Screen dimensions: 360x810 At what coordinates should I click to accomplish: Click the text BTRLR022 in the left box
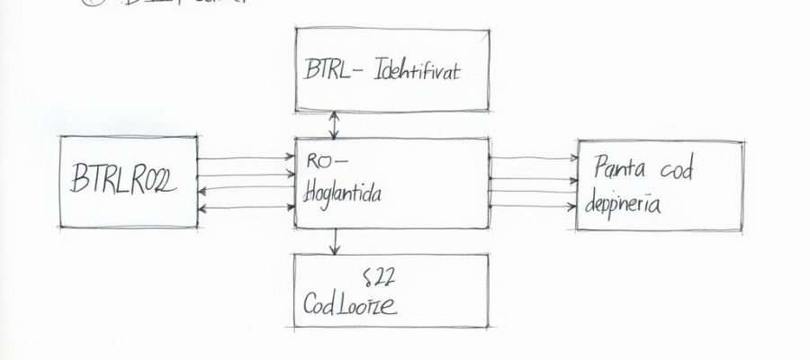[x=124, y=184]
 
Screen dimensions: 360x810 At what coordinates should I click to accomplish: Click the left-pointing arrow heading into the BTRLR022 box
[x=246, y=191]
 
